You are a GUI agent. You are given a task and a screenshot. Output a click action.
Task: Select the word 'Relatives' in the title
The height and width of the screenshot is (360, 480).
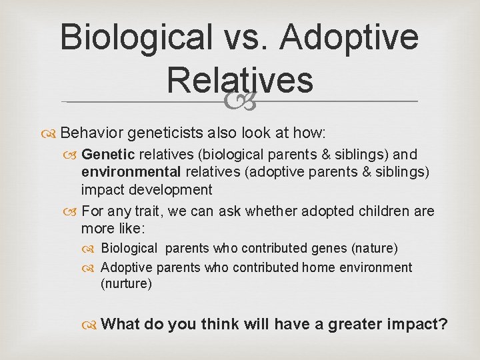click(x=240, y=80)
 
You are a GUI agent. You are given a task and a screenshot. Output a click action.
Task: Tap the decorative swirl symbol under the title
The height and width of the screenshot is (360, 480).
click(x=240, y=101)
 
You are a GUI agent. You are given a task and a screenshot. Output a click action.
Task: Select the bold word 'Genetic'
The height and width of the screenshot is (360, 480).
click(x=108, y=155)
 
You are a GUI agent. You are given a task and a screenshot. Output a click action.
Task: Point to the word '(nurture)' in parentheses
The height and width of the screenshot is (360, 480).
click(x=126, y=284)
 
